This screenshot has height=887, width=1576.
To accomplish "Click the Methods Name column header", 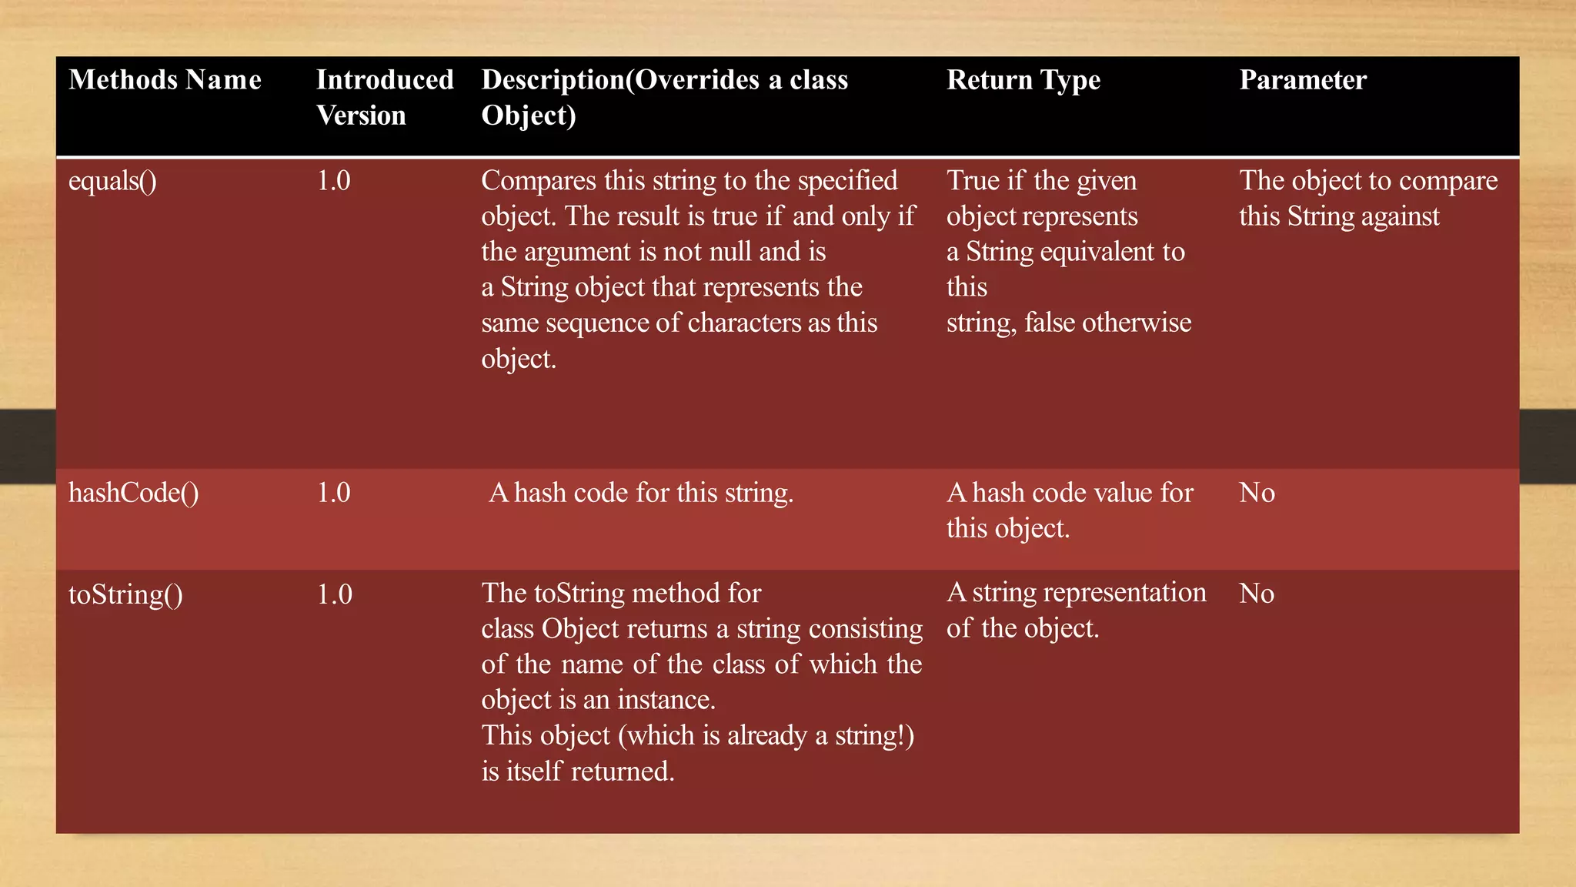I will (165, 80).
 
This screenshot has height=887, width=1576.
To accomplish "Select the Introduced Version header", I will (385, 97).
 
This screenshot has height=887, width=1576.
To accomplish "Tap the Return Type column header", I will (1023, 80).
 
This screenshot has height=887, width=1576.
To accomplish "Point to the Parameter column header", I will (1302, 80).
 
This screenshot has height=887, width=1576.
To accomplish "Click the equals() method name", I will (112, 182).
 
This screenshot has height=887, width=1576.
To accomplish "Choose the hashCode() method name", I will (133, 493).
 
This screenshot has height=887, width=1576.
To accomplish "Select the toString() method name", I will (125, 594).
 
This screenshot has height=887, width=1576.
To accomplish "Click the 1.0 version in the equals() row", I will (333, 181).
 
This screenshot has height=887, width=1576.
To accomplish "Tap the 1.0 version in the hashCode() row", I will (333, 493).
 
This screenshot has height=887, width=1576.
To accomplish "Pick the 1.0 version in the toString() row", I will (334, 594).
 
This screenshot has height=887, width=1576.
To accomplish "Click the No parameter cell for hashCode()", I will (1257, 493).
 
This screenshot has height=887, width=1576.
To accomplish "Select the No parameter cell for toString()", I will (1257, 594).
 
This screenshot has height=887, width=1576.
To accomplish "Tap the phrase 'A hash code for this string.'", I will (641, 493).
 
